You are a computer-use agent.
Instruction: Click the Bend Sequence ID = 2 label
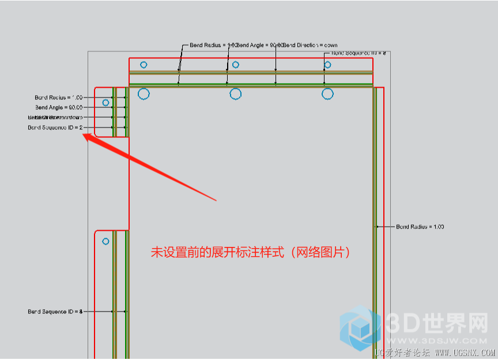pos(55,127)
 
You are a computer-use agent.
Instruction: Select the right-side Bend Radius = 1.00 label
pos(420,227)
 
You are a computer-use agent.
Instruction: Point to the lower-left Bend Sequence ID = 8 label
pos(55,312)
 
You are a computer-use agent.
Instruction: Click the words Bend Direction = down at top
pos(311,45)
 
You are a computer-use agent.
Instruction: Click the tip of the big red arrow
pos(85,136)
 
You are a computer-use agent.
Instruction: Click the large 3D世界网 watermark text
pos(436,324)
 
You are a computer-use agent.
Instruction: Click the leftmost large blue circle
pos(144,93)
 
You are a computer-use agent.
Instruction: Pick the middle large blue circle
pos(235,93)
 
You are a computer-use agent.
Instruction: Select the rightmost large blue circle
pos(327,93)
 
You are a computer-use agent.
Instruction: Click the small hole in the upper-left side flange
pos(105,103)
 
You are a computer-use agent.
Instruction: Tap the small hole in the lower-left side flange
pos(105,241)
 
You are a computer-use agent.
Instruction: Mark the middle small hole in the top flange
pos(235,65)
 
